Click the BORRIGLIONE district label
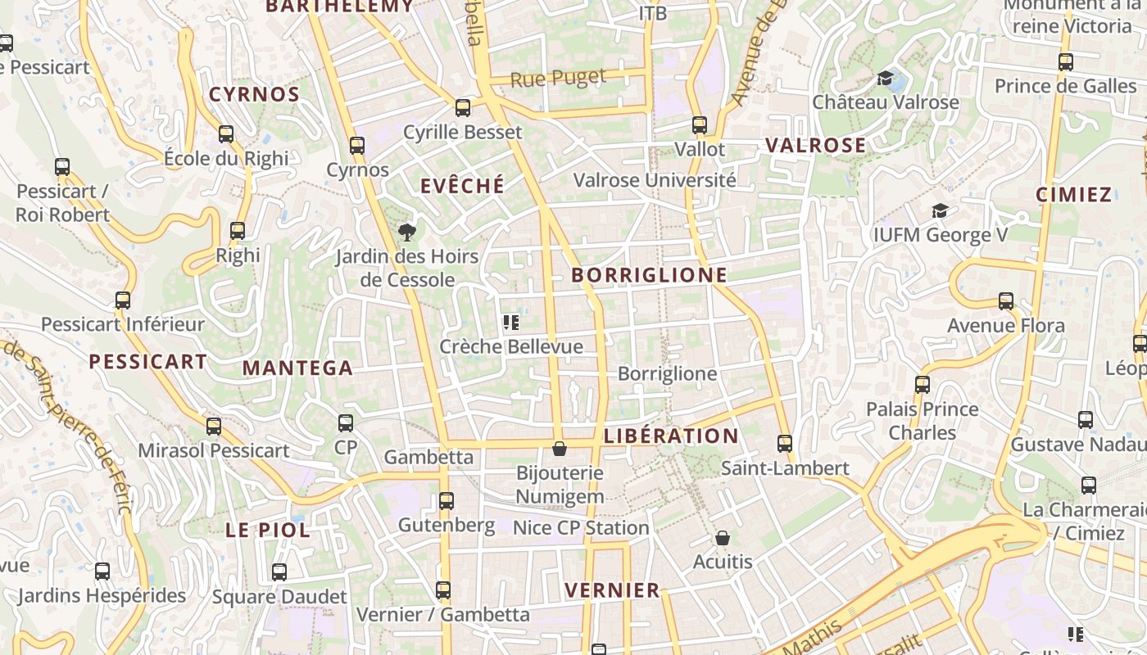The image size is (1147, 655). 649,275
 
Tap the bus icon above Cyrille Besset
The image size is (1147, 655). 463,108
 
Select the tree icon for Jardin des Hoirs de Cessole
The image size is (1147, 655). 406,233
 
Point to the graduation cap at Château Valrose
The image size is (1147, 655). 885,79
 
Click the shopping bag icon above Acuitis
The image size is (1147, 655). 722,538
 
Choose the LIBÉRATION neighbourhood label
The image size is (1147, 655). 671,436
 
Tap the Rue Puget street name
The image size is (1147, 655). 558,79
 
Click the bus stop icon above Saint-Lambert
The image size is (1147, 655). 785,444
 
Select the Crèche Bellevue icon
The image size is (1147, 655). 511,323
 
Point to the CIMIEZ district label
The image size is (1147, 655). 1073,195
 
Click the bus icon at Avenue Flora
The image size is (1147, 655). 1006,301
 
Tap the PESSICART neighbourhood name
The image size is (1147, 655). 147,362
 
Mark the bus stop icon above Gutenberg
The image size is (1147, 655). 447,500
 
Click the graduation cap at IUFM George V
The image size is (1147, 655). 940,211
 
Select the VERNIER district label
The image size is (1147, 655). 612,590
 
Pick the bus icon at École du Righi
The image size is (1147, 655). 226,134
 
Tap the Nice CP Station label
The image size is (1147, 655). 581,528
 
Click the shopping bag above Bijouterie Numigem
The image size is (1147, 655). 560,449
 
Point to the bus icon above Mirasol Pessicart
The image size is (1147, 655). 214,427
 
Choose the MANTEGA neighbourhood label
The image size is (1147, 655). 297,368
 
